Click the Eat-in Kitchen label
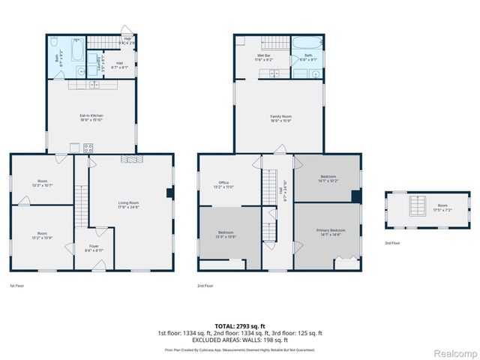click(91, 117)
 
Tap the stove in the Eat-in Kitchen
click(88, 148)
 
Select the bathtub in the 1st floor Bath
click(77, 50)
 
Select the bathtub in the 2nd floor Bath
click(307, 43)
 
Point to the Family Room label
click(280, 118)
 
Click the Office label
click(223, 184)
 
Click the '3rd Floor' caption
click(392, 243)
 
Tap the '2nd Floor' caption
click(205, 286)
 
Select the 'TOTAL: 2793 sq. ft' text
click(240, 326)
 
